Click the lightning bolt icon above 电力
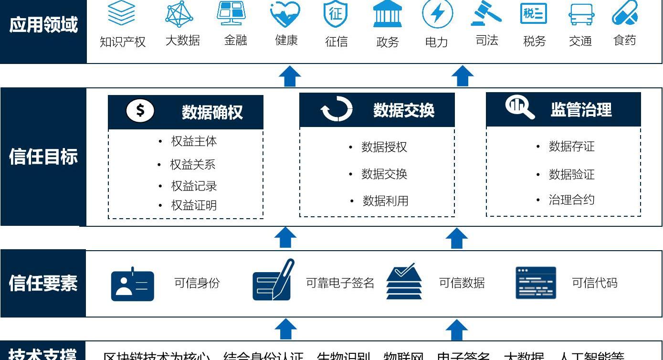point(437,14)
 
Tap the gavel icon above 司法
point(486,13)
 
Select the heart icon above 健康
point(285,14)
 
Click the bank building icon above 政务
point(387,14)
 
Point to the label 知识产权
point(123,42)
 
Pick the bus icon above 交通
point(581,14)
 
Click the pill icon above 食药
point(625,13)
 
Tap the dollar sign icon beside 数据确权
point(140,111)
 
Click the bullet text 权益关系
point(193,165)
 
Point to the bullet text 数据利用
point(385,201)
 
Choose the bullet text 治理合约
point(571,200)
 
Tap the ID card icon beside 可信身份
point(133,285)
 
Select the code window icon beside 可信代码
point(536,283)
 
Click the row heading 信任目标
point(43,157)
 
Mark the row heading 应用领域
point(43,24)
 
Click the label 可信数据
point(462,283)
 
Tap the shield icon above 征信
point(336,14)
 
